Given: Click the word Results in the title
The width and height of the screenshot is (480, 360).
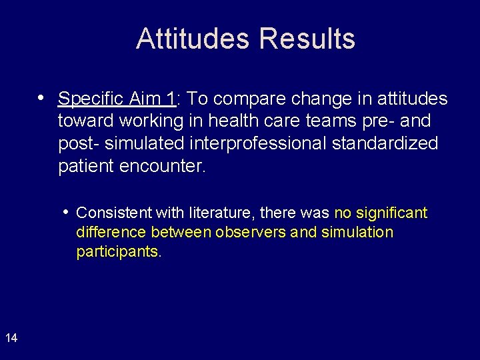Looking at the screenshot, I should pyautogui.click(x=307, y=39).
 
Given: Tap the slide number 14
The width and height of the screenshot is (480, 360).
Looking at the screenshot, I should pyautogui.click(x=11, y=338).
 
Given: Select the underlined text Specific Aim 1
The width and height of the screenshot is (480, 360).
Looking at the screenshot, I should pyautogui.click(x=117, y=99).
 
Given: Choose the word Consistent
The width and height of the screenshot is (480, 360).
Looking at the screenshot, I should pyautogui.click(x=114, y=213).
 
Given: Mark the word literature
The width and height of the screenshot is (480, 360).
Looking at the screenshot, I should pyautogui.click(x=223, y=213).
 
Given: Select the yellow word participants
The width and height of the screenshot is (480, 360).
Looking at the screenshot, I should pyautogui.click(x=118, y=252).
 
